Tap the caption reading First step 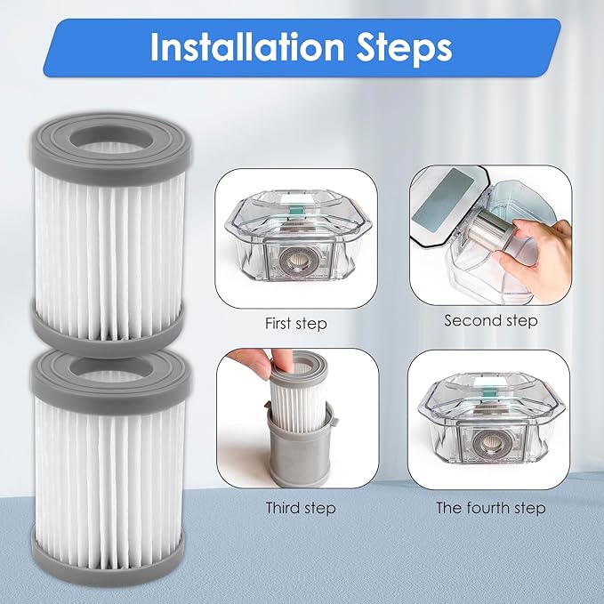pos(296,324)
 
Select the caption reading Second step pos(491,320)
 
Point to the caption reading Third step pos(301,508)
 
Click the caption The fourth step pos(491,508)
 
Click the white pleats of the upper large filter pos(111,240)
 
